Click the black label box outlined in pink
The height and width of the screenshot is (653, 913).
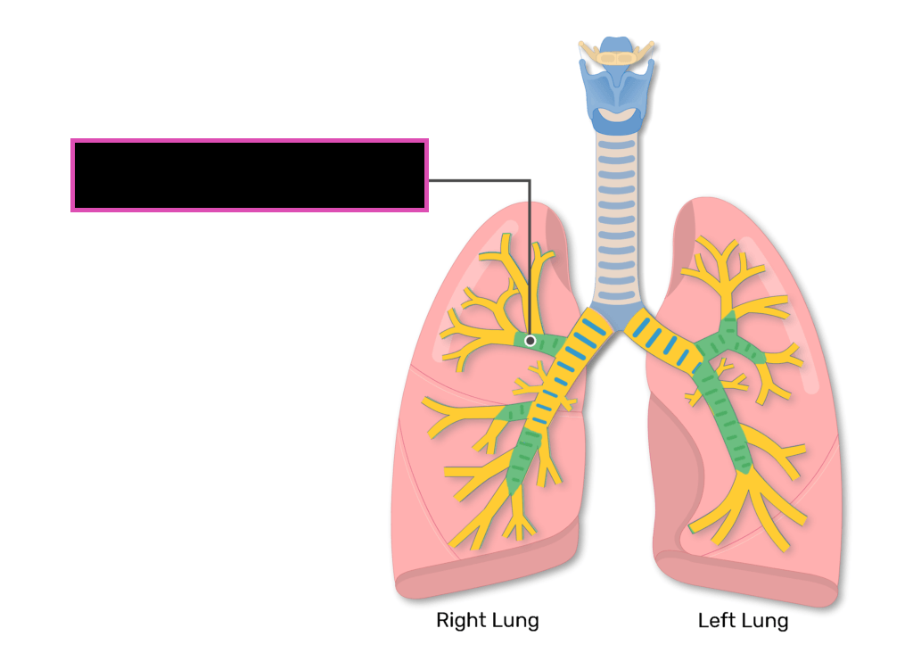pos(250,175)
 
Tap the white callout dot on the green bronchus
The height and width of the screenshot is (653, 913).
pos(531,341)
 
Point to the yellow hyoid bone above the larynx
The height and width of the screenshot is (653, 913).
pos(616,56)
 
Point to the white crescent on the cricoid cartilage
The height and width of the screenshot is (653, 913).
pos(616,116)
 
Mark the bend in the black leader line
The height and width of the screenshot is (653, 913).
pos(531,180)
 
